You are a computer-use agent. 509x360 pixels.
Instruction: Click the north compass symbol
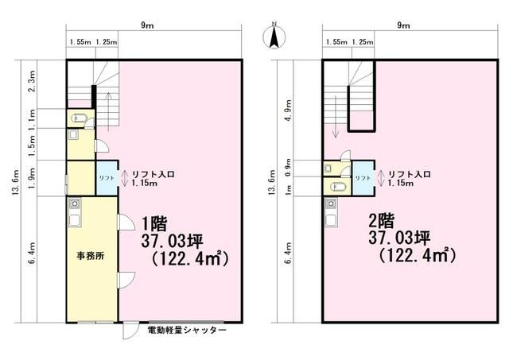coord(274,35)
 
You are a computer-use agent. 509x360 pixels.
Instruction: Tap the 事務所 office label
coord(90,256)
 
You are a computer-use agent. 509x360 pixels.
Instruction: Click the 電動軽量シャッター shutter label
coord(187,331)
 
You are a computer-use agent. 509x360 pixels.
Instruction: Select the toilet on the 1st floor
coord(77,118)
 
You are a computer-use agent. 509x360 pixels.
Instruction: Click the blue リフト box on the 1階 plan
coord(107,178)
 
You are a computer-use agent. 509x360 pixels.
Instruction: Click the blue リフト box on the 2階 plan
coord(363,178)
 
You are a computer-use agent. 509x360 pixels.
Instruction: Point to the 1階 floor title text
coord(153,223)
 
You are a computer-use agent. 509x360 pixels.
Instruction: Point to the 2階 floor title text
coord(382,222)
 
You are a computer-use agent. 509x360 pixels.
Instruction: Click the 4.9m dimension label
coord(288,110)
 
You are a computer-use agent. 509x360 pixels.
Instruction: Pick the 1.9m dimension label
coord(32,178)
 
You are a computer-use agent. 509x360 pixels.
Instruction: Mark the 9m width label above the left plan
coord(147,25)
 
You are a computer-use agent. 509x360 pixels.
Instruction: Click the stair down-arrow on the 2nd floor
coord(336,117)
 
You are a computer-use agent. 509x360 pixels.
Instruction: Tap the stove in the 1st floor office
coord(75,203)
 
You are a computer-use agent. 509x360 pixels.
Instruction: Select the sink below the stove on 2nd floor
coord(331,219)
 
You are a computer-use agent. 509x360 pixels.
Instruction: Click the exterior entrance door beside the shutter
coord(130,331)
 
